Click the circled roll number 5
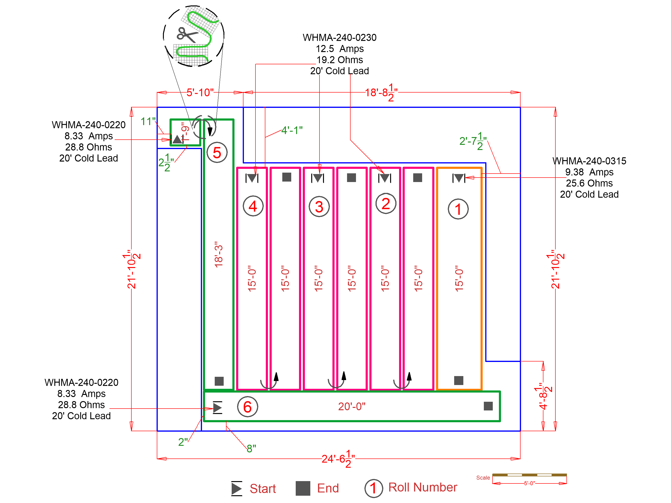(x=217, y=153)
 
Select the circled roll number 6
(x=247, y=407)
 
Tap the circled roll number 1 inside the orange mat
(x=458, y=209)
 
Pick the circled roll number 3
(x=319, y=207)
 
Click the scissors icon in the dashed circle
(x=186, y=35)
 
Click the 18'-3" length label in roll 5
(x=219, y=255)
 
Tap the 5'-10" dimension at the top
(x=200, y=93)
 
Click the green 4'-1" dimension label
(x=291, y=130)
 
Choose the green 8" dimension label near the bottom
(x=251, y=448)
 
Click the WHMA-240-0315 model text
(x=589, y=161)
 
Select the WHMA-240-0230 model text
(x=340, y=38)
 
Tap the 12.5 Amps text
(x=340, y=49)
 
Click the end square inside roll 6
(x=488, y=406)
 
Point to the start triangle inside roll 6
(x=218, y=407)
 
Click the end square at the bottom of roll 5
(x=219, y=381)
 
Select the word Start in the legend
(x=263, y=488)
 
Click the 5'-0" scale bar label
(x=529, y=483)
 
